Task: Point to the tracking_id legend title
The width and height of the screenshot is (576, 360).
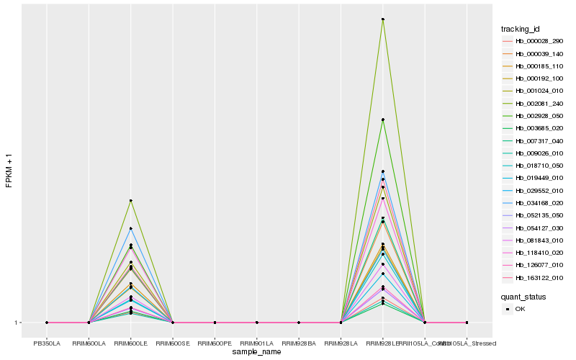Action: click(x=521, y=29)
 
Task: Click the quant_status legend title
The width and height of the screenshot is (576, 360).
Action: click(x=523, y=297)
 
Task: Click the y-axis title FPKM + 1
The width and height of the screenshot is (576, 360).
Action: click(x=9, y=171)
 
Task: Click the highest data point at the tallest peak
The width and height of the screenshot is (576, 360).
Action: click(x=382, y=19)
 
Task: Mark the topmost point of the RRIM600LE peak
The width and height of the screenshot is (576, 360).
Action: click(x=130, y=200)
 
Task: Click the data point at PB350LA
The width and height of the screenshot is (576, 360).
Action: click(x=47, y=323)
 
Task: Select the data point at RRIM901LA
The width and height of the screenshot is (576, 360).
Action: click(x=256, y=323)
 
